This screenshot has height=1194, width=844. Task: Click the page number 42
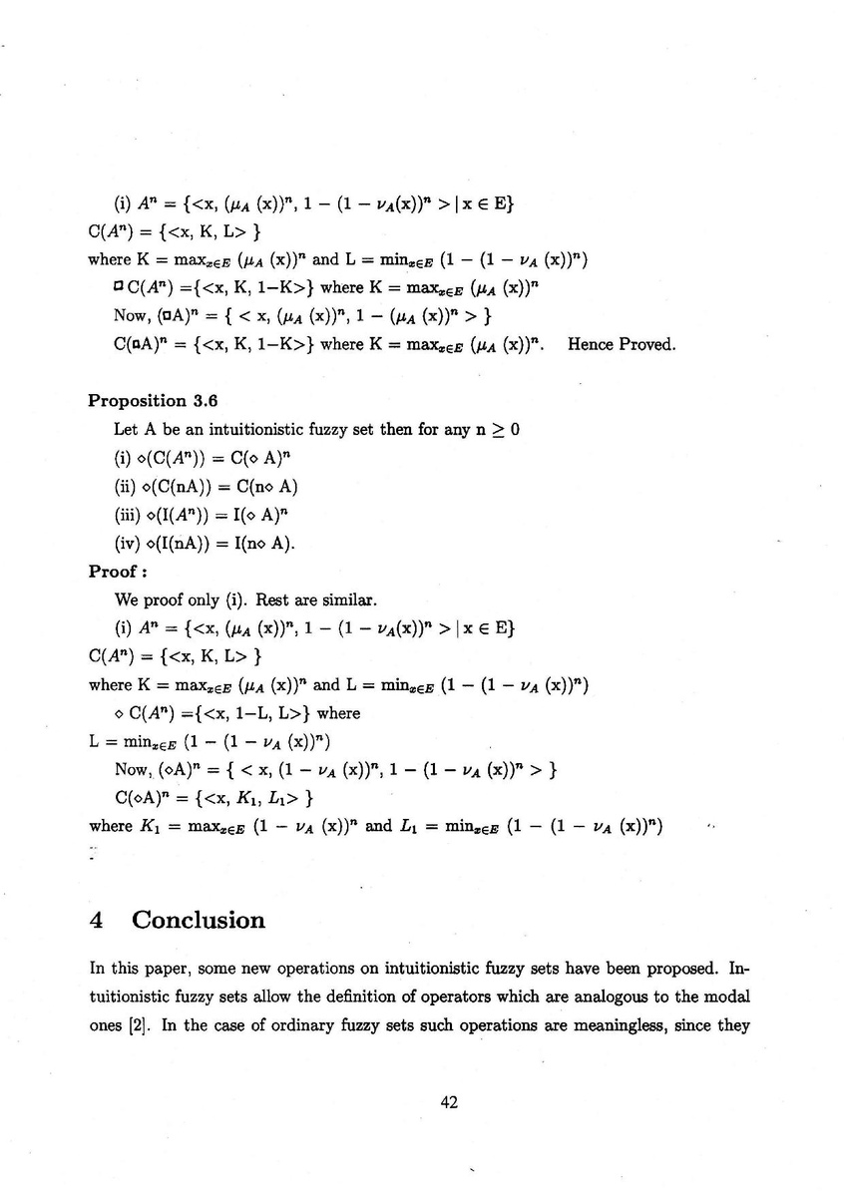[448, 1101]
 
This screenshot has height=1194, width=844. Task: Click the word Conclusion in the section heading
[199, 920]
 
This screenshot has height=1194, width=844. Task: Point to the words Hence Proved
[621, 344]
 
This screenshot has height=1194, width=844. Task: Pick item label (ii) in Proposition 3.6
[128, 487]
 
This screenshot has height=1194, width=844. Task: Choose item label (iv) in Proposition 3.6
[130, 544]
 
